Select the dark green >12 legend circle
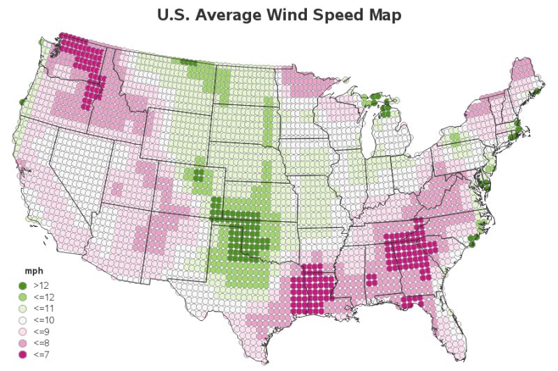(x=22, y=285)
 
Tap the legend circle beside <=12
(x=22, y=297)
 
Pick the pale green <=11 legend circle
(x=22, y=308)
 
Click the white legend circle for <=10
(x=22, y=320)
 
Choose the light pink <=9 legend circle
(x=22, y=332)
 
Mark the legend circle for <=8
(x=22, y=343)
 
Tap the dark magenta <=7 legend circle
(x=22, y=355)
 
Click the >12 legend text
(x=41, y=285)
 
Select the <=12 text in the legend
(x=43, y=297)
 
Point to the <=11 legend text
(x=43, y=308)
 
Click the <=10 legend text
(x=43, y=320)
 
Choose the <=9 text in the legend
(x=41, y=332)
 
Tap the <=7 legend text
(x=41, y=355)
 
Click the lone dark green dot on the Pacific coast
(x=22, y=102)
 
